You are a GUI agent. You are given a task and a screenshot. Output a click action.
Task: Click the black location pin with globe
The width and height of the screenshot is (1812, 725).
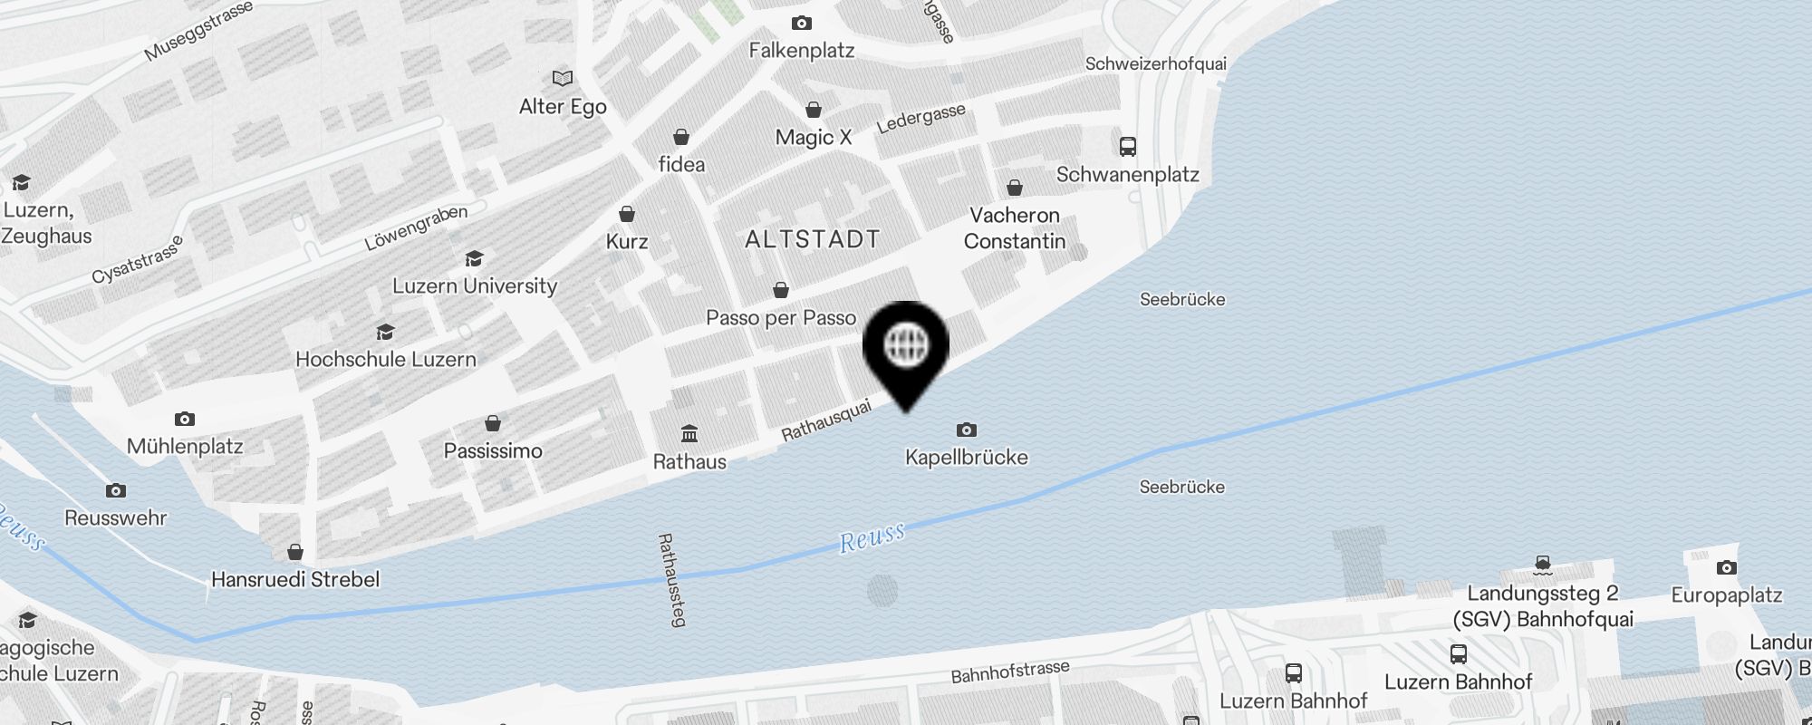[906, 349]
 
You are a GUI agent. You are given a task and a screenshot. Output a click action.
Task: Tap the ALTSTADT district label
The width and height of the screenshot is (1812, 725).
[812, 239]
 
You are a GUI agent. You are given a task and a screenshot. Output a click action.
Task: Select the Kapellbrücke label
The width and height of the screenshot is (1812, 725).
[967, 458]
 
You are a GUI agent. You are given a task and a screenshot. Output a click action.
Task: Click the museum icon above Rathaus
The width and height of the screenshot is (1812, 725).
[689, 433]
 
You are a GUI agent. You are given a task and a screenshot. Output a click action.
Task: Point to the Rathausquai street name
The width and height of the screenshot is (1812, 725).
[826, 420]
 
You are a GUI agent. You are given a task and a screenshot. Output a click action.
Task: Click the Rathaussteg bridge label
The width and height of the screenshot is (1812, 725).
[671, 580]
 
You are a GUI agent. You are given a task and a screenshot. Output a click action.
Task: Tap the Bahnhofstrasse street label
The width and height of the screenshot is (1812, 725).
[1010, 672]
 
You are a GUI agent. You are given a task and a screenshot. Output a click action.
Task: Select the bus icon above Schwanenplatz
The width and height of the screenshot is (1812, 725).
[1128, 146]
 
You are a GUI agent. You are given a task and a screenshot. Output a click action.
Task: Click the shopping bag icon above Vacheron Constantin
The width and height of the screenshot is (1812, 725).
[1015, 188]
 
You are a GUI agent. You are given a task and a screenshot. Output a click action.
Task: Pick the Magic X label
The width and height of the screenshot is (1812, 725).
[814, 138]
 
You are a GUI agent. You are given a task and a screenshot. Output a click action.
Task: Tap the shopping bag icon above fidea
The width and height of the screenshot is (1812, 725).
[681, 137]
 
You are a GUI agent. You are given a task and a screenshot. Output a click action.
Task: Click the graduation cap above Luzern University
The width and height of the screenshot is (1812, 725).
[474, 259]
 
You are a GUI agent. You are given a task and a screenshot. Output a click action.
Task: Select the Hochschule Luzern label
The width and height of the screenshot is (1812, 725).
[386, 360]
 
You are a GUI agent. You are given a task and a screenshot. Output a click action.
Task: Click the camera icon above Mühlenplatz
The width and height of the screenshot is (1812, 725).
[185, 419]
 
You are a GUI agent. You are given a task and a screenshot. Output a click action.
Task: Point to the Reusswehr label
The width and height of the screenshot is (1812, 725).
[116, 518]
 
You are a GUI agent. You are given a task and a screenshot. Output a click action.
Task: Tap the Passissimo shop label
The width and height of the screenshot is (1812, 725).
[493, 451]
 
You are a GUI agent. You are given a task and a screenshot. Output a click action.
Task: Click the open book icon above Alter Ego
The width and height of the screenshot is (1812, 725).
[563, 78]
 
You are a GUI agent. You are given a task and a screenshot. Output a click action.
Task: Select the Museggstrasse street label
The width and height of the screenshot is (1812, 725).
[198, 33]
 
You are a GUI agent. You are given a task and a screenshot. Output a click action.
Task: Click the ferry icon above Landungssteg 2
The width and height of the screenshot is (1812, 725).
[1543, 565]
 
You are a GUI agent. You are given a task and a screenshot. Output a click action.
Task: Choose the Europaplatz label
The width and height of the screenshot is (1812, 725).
[1727, 595]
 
